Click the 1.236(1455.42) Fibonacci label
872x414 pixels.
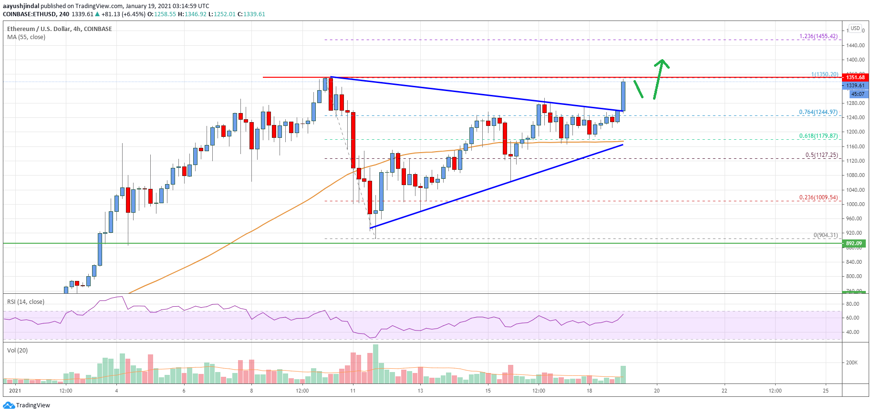click(x=818, y=36)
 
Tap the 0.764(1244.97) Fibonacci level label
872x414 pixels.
click(x=818, y=112)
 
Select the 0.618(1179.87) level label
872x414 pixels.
click(x=818, y=136)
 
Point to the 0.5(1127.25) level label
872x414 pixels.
click(x=821, y=155)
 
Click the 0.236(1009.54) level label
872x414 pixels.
click(x=818, y=197)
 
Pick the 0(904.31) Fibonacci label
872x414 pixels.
click(x=825, y=235)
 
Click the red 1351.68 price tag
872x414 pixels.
click(x=855, y=77)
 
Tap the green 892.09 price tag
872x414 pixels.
click(x=854, y=243)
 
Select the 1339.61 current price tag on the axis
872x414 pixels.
click(x=855, y=85)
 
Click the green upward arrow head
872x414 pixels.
click(x=661, y=62)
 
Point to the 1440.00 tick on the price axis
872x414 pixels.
click(x=855, y=45)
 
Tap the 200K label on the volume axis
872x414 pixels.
click(x=851, y=362)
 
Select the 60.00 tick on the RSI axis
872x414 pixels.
click(x=852, y=318)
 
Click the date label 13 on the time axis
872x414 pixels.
click(x=420, y=391)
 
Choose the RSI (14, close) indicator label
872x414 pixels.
click(x=26, y=302)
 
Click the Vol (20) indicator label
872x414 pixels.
click(x=18, y=351)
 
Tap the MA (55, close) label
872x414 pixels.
click(x=26, y=37)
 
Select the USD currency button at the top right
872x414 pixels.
click(x=855, y=28)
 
